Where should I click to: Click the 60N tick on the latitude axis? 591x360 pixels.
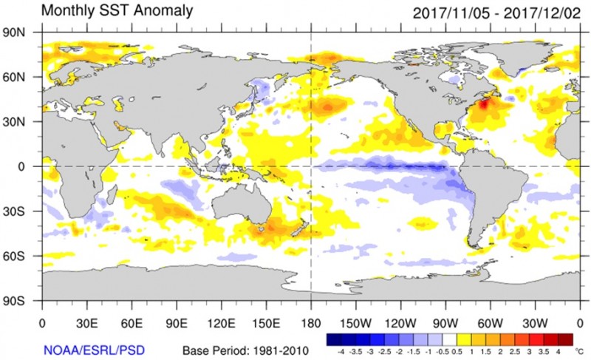click(20, 77)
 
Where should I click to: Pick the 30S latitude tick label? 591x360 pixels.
click(20, 211)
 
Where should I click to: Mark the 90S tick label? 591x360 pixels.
click(20, 302)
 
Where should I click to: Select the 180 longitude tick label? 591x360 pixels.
click(310, 322)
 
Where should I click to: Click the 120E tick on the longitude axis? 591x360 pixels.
click(221, 322)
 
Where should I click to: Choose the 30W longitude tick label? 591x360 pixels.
click(534, 322)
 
